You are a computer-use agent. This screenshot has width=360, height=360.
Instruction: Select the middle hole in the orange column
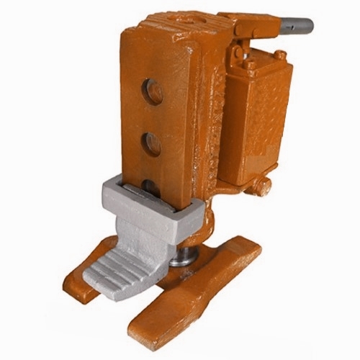[x=151, y=144]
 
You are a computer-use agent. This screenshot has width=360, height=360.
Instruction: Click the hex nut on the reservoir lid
[x=279, y=55]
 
